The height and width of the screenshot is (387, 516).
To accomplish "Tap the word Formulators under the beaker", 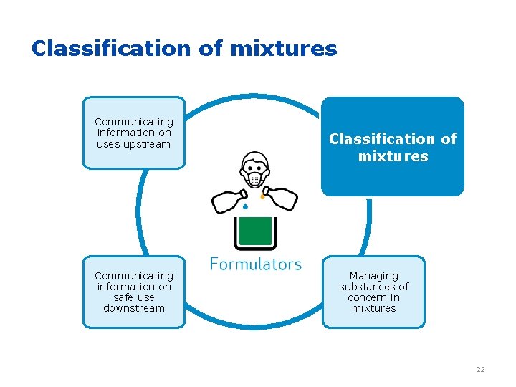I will (256, 264).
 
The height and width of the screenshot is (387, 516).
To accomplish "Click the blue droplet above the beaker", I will (244, 206).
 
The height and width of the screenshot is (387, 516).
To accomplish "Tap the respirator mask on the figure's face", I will (254, 178).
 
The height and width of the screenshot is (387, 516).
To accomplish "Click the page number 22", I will (480, 369).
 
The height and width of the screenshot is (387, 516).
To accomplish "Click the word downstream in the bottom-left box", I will (134, 308).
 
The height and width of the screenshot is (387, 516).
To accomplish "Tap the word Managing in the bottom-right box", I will (373, 276).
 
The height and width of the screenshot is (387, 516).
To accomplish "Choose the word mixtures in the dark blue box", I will (393, 156).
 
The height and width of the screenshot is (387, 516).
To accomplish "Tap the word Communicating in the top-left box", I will (134, 122).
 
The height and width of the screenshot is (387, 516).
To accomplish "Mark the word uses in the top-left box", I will (107, 144).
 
